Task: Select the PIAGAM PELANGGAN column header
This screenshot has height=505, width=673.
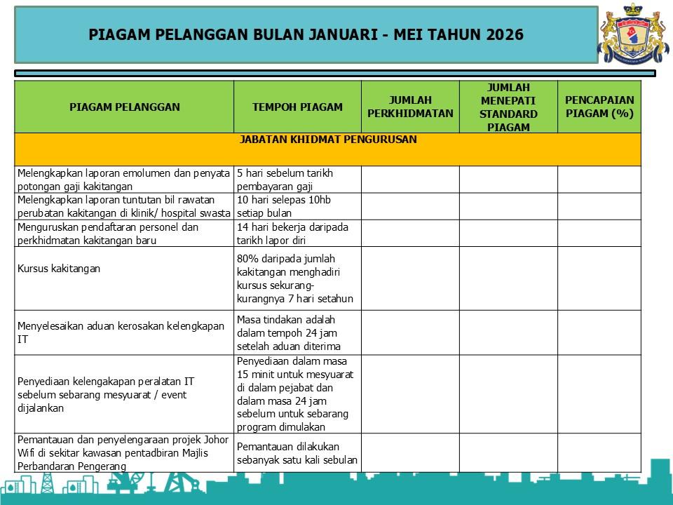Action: point(124,107)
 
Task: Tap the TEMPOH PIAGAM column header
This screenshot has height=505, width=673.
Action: point(297,107)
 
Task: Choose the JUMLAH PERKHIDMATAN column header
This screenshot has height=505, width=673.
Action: point(410,107)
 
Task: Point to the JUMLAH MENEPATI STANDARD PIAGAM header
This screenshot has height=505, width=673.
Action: point(508,107)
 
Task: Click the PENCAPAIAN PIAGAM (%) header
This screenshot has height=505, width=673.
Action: point(599,107)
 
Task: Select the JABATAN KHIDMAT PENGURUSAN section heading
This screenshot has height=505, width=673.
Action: point(328,140)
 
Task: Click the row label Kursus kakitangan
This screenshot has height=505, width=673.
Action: point(59,269)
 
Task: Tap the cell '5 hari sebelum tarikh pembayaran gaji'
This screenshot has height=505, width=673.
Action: point(285,180)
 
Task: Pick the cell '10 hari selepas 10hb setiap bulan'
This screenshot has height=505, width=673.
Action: point(284,206)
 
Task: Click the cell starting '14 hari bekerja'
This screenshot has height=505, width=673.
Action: point(293,233)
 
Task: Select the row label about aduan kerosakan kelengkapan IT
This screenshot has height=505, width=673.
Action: point(121,332)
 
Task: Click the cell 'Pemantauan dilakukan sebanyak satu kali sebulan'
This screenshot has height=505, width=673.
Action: point(297,453)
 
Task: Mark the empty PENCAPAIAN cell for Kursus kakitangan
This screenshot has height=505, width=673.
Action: point(599,278)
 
